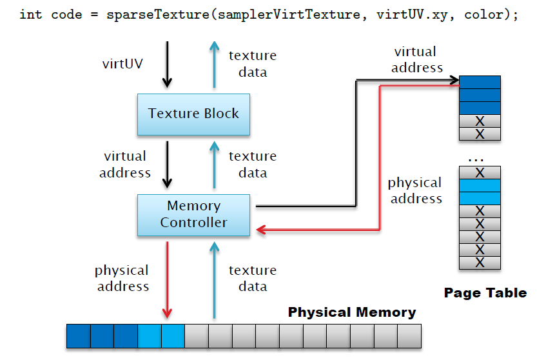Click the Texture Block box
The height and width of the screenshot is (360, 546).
193,114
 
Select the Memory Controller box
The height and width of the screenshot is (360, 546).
193,214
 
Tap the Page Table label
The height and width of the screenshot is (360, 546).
485,293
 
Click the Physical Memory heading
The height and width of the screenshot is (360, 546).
351,312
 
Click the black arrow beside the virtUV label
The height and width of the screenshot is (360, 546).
167,65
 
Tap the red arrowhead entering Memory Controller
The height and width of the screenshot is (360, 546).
261,229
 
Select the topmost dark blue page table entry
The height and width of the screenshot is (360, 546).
480,83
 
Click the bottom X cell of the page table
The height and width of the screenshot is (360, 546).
480,263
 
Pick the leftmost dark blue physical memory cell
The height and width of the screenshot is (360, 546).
78,336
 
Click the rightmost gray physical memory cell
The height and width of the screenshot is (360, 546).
409,336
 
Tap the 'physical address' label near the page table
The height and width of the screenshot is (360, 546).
415,191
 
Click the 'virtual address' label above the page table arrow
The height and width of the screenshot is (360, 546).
418,59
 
